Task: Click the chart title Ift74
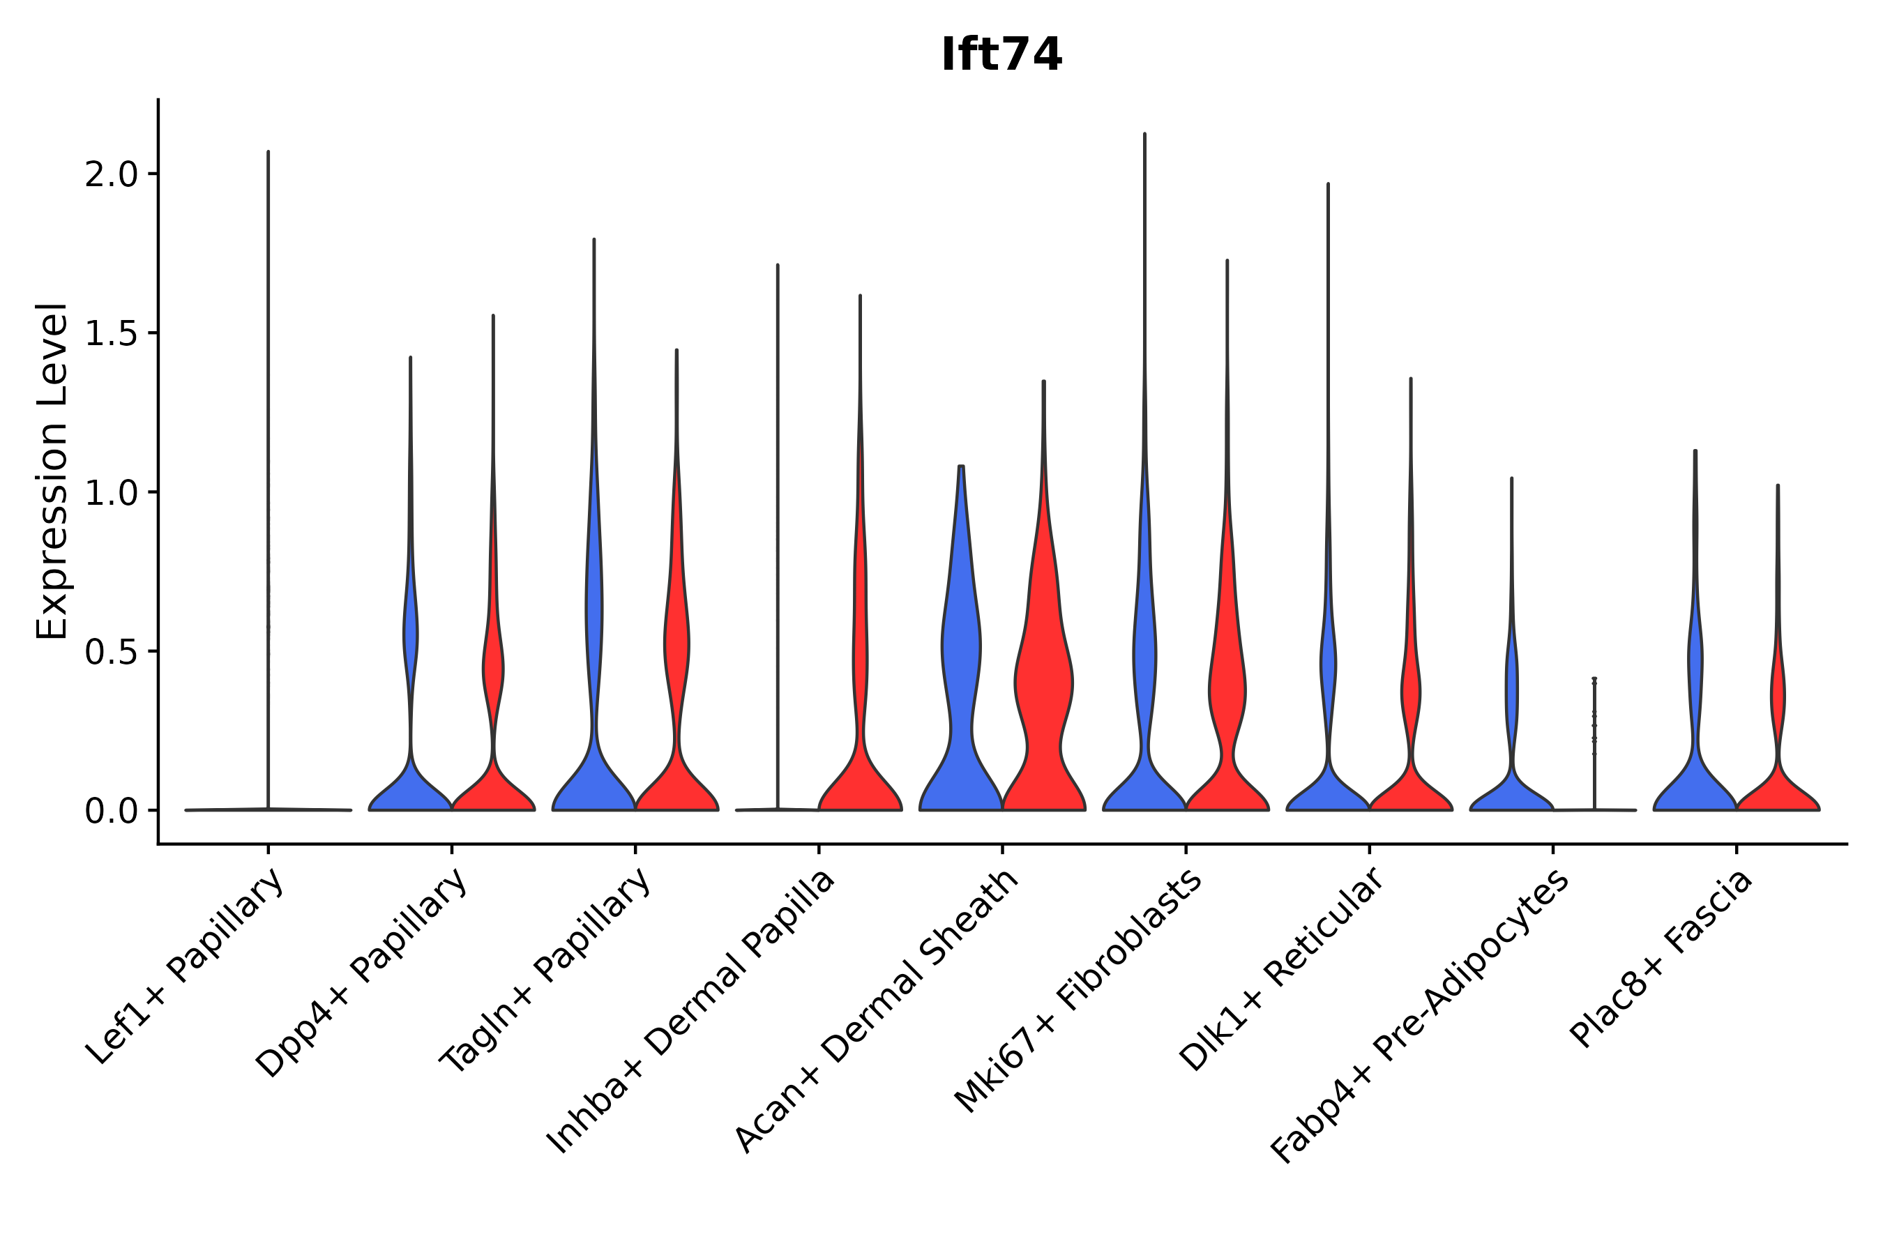[x=1001, y=55]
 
